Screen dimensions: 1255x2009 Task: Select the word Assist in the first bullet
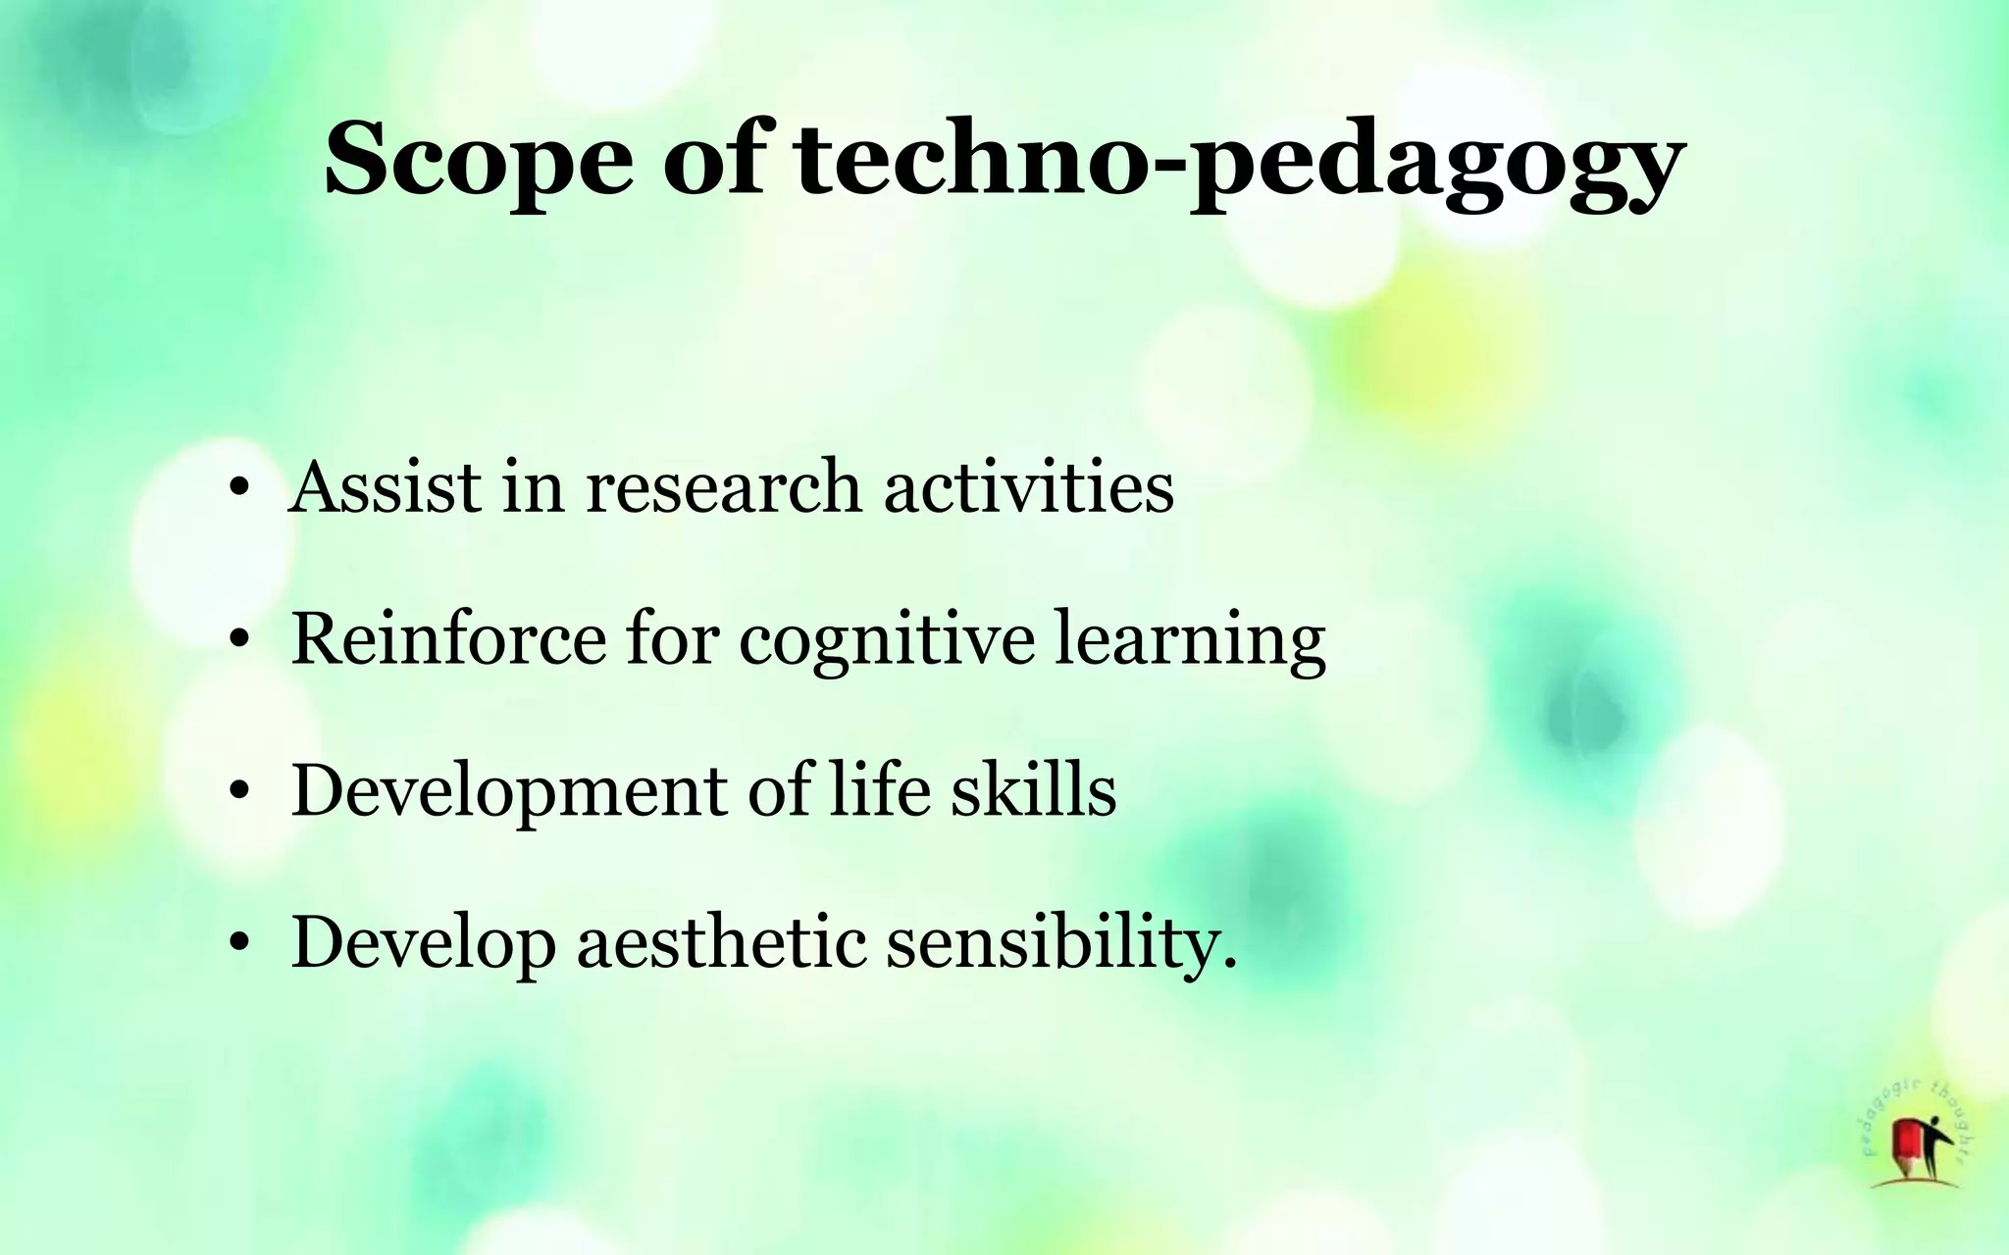pos(385,487)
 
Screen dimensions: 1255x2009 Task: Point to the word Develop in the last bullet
pos(423,943)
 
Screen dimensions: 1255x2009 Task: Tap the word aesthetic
pos(721,941)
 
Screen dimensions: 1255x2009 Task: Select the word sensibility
pos(1059,943)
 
